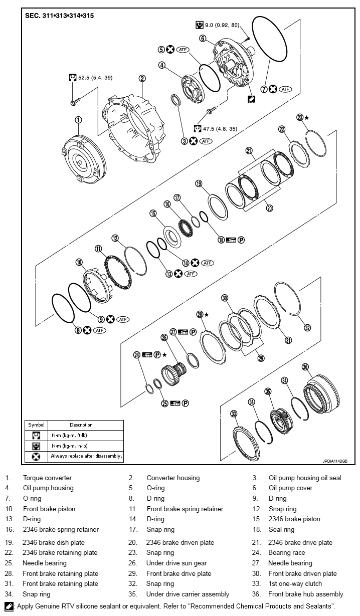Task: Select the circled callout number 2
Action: pyautogui.click(x=142, y=78)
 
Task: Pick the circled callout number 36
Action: pyautogui.click(x=305, y=367)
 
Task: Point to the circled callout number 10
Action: pyautogui.click(x=79, y=262)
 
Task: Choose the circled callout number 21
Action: pyautogui.click(x=249, y=150)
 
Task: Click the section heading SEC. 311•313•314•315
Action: pyautogui.click(x=60, y=16)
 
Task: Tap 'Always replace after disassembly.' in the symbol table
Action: pyautogui.click(x=86, y=457)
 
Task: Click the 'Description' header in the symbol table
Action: pyautogui.click(x=81, y=425)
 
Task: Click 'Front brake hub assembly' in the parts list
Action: pyautogui.click(x=306, y=594)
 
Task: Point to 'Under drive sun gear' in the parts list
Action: pyautogui.click(x=176, y=563)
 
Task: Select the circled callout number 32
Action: pyautogui.click(x=307, y=327)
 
